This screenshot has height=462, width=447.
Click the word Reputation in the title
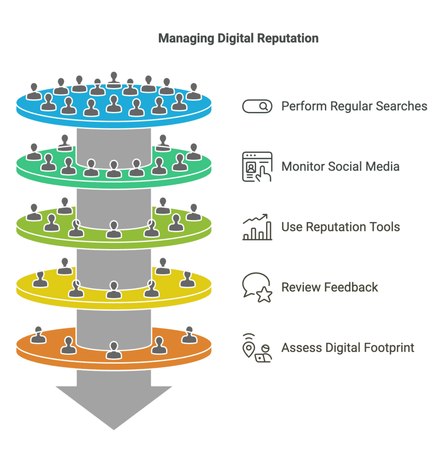(289, 39)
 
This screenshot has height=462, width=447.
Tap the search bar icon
(257, 106)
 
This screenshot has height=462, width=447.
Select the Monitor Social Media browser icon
(257, 166)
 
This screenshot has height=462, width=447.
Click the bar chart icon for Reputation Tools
(257, 227)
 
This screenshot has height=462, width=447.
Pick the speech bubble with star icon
(257, 287)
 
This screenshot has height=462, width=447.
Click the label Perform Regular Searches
(354, 106)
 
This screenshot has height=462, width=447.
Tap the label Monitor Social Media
(340, 166)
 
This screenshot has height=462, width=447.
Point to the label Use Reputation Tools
(341, 226)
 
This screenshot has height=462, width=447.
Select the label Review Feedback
(330, 287)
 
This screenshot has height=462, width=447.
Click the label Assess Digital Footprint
(348, 348)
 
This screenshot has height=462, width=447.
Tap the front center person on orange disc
(114, 350)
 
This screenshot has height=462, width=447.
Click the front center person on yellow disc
(114, 290)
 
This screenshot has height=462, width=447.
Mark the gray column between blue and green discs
(114, 144)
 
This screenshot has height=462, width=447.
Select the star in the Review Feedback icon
(264, 295)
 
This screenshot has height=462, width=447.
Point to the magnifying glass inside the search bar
(264, 106)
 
